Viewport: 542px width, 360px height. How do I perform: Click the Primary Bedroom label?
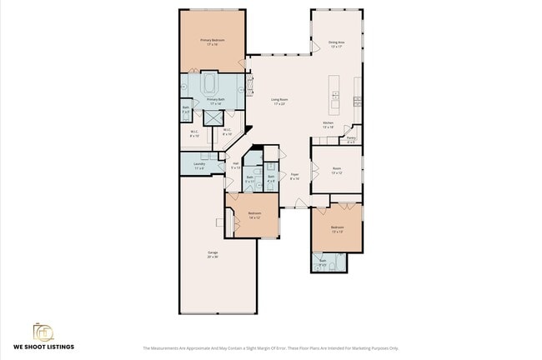[x=211, y=41]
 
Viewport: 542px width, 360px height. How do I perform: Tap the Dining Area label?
[x=337, y=43]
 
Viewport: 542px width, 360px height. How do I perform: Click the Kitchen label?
[x=329, y=125]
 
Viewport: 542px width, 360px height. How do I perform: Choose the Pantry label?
[x=351, y=139]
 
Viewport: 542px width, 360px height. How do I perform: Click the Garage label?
[x=213, y=254]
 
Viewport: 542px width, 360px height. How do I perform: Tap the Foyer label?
[x=294, y=176]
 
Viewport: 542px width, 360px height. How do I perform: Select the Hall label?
[x=236, y=164]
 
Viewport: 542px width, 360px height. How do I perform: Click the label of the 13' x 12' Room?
[x=336, y=169]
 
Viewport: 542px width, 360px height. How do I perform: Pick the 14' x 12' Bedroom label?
[x=254, y=215]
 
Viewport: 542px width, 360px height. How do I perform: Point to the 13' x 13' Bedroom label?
[x=337, y=229]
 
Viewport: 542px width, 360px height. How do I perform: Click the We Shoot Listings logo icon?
[x=42, y=331]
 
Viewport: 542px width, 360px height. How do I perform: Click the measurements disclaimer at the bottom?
[x=270, y=348]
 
